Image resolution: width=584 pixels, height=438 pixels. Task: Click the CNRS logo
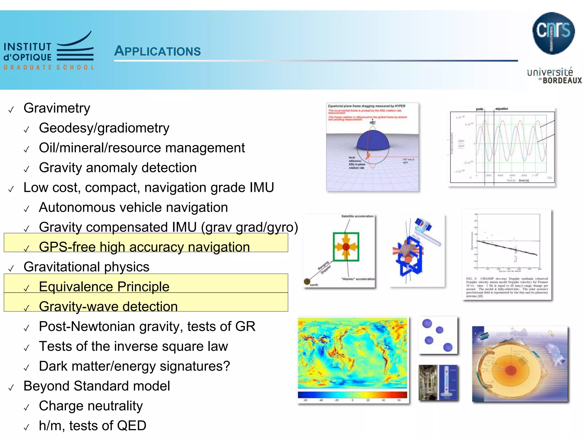pyautogui.click(x=553, y=33)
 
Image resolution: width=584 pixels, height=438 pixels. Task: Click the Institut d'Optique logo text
pyautogui.click(x=28, y=52)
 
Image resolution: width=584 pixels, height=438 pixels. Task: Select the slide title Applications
pyautogui.click(x=157, y=51)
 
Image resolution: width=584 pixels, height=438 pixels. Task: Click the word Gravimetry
pyautogui.click(x=57, y=108)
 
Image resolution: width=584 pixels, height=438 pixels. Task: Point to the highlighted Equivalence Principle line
pyautogui.click(x=104, y=287)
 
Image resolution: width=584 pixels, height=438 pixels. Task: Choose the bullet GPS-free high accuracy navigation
pyautogui.click(x=144, y=247)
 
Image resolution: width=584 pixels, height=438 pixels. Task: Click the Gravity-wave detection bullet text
pyautogui.click(x=108, y=307)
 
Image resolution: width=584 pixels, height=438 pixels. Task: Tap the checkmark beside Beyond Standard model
pyautogui.click(x=11, y=388)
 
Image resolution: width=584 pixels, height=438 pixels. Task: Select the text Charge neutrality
pyautogui.click(x=91, y=406)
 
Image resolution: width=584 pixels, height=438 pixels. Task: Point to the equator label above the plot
pyautogui.click(x=502, y=109)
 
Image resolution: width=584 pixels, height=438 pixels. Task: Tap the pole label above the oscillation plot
pyautogui.click(x=480, y=109)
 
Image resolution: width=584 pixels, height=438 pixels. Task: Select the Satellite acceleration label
pyautogui.click(x=357, y=216)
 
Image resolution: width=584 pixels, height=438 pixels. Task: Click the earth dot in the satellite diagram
pyautogui.click(x=307, y=282)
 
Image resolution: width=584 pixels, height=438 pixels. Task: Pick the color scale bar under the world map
pyautogui.click(x=352, y=395)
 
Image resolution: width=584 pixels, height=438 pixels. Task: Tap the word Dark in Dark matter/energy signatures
pyautogui.click(x=53, y=366)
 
